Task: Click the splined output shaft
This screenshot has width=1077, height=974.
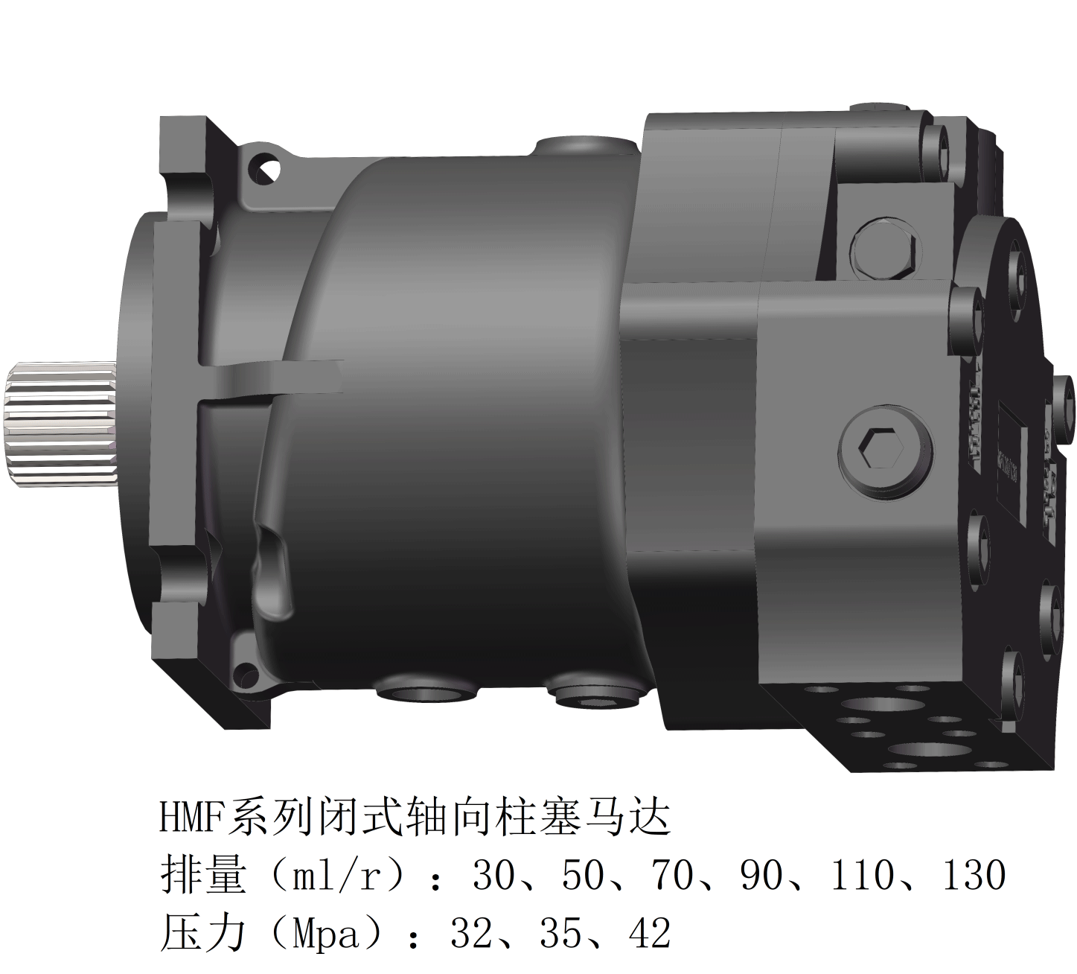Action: tap(60, 424)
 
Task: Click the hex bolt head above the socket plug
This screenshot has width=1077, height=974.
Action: tap(883, 249)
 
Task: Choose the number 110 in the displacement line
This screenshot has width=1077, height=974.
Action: tap(862, 876)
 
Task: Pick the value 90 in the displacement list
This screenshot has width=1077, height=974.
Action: tap(762, 876)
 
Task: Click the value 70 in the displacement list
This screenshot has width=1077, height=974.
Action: tap(674, 876)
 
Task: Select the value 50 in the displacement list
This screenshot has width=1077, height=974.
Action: tap(584, 876)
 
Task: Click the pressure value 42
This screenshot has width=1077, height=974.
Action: tap(649, 934)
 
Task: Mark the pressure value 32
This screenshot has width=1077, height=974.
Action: tap(472, 934)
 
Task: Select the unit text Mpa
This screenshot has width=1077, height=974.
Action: tap(327, 934)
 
